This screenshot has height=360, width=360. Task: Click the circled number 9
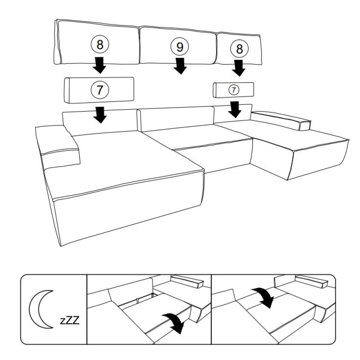(180, 47)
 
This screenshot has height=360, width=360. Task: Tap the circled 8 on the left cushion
(100, 44)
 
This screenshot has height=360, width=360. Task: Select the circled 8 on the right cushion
(239, 48)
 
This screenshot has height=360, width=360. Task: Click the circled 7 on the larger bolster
(100, 90)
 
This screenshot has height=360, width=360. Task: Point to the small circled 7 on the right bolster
(234, 90)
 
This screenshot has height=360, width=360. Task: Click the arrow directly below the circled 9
(180, 66)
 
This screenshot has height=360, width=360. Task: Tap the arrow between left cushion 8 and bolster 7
(100, 65)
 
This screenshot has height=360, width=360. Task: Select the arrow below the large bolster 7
(100, 115)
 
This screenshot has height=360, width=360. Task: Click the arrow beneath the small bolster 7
(234, 110)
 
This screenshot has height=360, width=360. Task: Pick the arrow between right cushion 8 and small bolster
(238, 68)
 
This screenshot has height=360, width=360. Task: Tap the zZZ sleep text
(70, 320)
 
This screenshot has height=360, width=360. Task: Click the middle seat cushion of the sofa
(198, 137)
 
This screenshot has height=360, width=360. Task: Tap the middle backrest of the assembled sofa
(176, 118)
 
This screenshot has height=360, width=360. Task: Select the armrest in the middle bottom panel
(187, 281)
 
